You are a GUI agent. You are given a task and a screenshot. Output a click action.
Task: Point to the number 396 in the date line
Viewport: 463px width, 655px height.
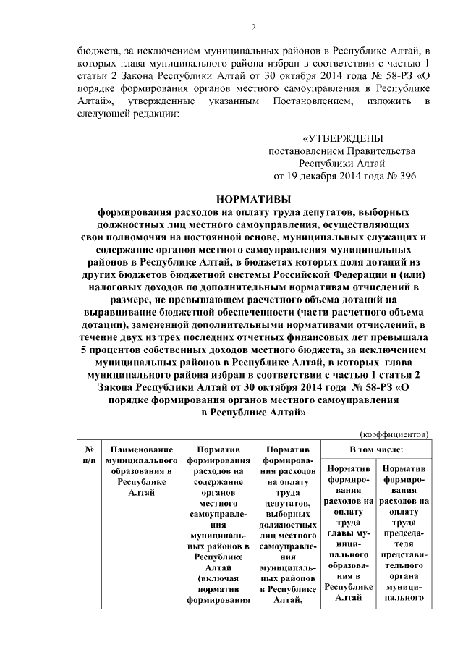click(406, 175)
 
